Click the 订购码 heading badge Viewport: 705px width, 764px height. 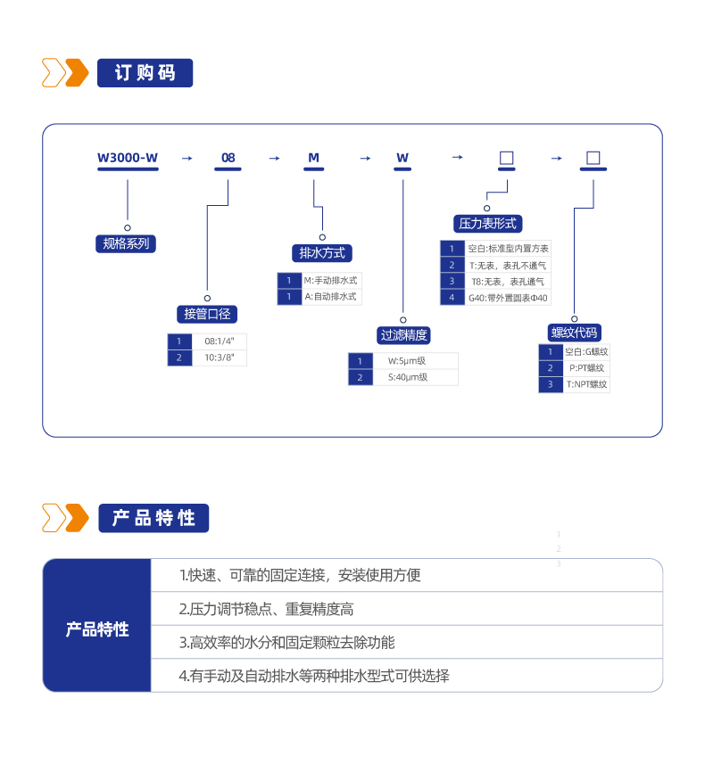(x=145, y=73)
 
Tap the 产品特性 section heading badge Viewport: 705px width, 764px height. (x=153, y=518)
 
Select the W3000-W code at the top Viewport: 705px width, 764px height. (x=128, y=158)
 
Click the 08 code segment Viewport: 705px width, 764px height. (x=228, y=158)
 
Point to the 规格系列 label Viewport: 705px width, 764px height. (x=126, y=243)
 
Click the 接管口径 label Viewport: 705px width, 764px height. (x=207, y=315)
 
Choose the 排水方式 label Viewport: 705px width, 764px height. (x=322, y=253)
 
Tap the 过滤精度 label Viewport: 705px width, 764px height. (x=403, y=335)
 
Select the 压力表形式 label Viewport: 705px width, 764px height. (x=488, y=224)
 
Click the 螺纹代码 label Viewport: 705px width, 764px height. (x=574, y=333)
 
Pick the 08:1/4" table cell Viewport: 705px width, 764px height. (x=219, y=341)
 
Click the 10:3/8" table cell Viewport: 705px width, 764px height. (x=219, y=357)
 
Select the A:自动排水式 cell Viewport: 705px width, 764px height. (x=331, y=297)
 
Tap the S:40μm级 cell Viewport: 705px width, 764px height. (x=408, y=377)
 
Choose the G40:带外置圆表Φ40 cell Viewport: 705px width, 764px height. (x=508, y=298)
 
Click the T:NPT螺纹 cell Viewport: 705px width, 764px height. (x=586, y=384)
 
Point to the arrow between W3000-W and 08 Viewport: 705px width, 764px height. (x=187, y=159)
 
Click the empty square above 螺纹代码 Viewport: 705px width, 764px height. (x=593, y=158)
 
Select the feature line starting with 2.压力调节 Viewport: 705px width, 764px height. (x=267, y=609)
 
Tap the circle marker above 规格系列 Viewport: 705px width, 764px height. (x=128, y=227)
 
